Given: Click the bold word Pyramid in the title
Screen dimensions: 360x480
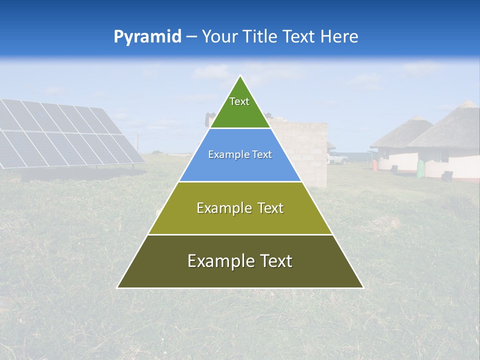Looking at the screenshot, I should coord(147,37).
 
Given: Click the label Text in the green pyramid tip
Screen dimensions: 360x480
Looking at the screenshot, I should coord(239,101).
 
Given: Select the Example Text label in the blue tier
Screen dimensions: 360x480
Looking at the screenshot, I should coord(240,155).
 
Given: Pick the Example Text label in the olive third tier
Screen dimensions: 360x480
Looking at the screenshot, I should coord(240,208).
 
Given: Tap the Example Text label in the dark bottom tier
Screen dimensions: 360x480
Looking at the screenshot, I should coord(240,261).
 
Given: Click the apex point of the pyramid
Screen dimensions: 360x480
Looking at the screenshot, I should coord(240,76).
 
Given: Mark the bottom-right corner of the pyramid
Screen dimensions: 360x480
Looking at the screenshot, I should coord(363,287).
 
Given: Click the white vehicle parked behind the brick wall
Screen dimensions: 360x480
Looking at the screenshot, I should coord(337,159).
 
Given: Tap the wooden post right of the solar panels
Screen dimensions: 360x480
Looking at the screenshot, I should coord(137,141).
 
